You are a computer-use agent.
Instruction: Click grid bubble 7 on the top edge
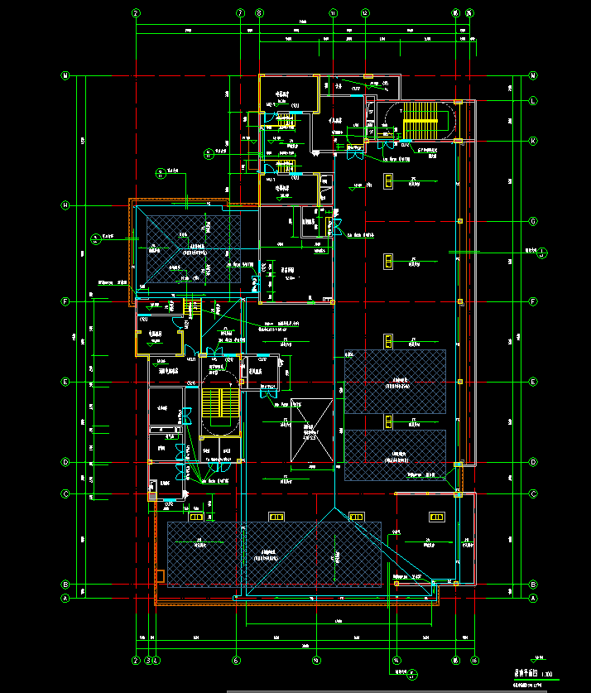click(x=241, y=13)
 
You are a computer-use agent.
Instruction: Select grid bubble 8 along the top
click(x=259, y=13)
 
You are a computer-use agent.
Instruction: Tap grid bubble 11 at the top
click(x=334, y=13)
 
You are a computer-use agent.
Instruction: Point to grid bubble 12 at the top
click(x=365, y=13)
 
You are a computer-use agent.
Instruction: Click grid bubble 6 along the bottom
click(x=236, y=661)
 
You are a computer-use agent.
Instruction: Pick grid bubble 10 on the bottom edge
click(x=316, y=661)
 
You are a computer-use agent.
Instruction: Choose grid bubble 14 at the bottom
click(x=396, y=661)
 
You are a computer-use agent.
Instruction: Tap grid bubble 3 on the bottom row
click(x=149, y=661)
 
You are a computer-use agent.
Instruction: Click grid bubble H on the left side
click(x=64, y=205)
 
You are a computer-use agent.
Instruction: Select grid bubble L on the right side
click(x=533, y=101)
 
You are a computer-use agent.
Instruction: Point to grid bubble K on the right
click(x=533, y=141)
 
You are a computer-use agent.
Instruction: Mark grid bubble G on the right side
click(x=533, y=222)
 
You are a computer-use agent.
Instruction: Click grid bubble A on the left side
click(x=64, y=598)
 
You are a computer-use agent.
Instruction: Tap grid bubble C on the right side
click(x=533, y=494)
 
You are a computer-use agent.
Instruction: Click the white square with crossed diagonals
click(x=311, y=431)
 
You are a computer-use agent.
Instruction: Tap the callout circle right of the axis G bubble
click(x=541, y=253)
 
